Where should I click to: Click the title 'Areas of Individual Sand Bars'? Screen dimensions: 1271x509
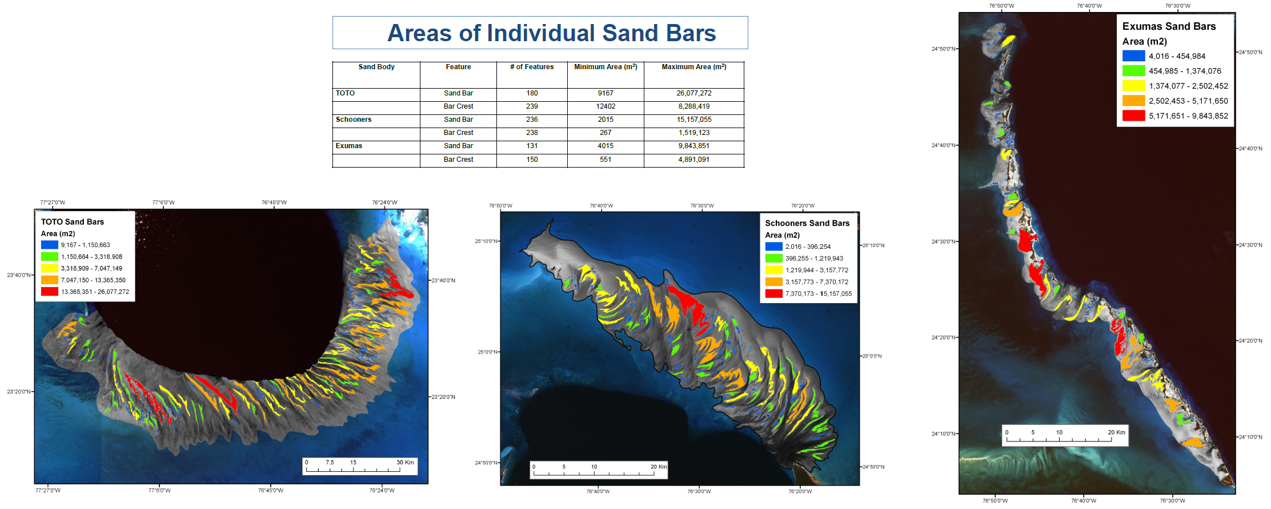coord(551,33)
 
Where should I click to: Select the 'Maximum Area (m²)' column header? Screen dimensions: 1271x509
coord(694,67)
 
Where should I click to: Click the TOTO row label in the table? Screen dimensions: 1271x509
coord(345,93)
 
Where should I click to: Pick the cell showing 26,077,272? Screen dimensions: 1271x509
coord(694,93)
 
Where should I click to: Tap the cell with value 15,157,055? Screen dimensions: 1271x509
coord(694,120)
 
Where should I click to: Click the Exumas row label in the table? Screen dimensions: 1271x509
coord(349,146)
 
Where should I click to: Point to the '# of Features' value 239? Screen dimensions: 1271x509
coord(532,106)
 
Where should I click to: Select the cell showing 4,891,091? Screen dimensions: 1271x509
coord(694,160)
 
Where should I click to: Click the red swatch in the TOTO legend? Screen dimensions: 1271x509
coord(49,292)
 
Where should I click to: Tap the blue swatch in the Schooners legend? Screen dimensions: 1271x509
coord(773,246)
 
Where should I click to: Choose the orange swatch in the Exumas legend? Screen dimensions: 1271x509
coord(1133,101)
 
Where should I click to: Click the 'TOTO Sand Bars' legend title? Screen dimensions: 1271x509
coord(73,222)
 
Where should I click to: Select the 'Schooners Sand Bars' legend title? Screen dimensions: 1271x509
coord(807,223)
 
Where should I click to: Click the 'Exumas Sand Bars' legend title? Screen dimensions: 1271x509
coord(1169,26)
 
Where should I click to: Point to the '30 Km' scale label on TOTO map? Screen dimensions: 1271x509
coord(405,462)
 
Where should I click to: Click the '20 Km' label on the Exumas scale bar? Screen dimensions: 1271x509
coord(1116,432)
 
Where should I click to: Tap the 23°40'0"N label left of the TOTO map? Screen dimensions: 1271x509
coord(19,275)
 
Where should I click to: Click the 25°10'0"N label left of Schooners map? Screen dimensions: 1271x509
coord(487,241)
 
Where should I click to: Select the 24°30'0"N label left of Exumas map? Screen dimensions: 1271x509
coord(944,241)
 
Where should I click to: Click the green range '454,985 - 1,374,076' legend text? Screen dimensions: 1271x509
coord(1185,71)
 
